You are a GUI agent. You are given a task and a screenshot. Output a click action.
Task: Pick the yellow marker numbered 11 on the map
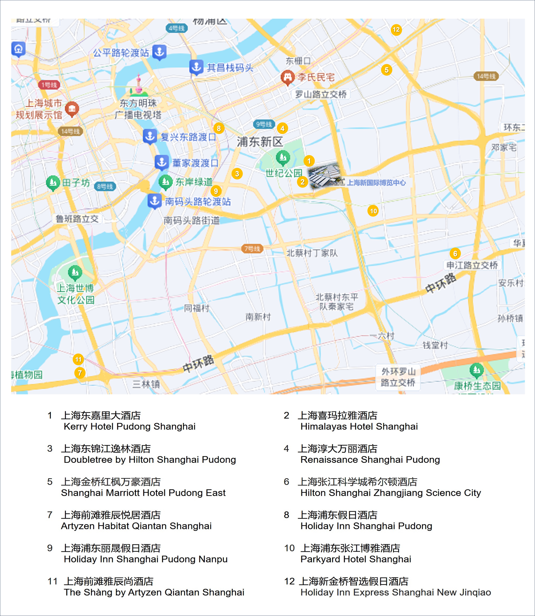(x=78, y=359)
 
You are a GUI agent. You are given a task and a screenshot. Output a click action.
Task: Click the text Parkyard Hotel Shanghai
(x=356, y=559)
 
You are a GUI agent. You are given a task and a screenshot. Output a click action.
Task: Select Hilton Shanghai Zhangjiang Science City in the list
(x=390, y=493)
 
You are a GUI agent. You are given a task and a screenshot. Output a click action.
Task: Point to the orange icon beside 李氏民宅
(x=287, y=77)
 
